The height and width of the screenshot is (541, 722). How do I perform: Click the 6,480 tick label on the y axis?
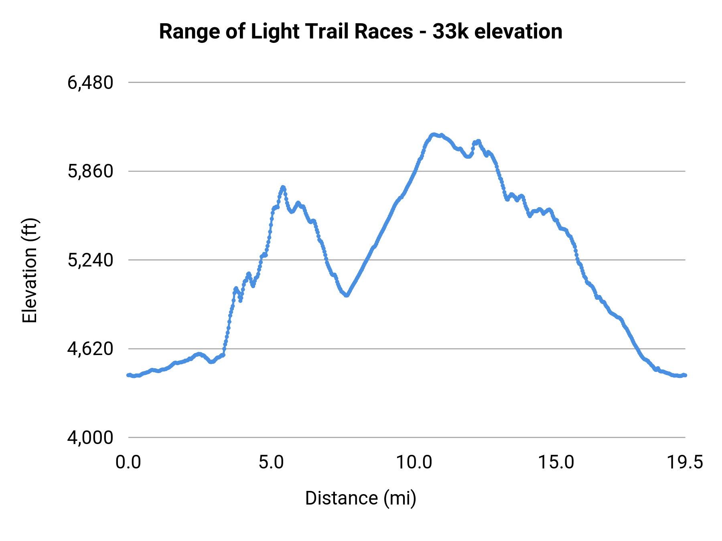(x=90, y=83)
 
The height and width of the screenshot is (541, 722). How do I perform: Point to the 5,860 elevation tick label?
(x=90, y=172)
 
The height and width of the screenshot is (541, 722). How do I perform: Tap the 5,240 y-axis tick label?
(x=90, y=260)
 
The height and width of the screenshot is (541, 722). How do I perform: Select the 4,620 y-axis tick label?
(x=90, y=349)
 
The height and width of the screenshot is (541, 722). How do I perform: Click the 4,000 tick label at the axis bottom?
(x=90, y=438)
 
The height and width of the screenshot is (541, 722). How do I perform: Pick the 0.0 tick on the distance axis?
(x=128, y=462)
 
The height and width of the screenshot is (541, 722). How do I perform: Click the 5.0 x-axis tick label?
(x=271, y=462)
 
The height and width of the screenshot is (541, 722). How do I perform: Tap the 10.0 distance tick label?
(x=414, y=462)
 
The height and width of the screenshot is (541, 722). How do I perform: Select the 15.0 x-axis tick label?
(x=556, y=462)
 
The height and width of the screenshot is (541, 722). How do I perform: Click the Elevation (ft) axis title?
(x=29, y=270)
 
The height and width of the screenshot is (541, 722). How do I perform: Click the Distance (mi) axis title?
(x=361, y=498)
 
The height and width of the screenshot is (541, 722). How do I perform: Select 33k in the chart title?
(x=450, y=31)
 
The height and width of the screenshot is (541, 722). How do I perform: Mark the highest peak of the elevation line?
(x=433, y=134)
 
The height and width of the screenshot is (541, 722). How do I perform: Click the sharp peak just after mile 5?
(x=283, y=187)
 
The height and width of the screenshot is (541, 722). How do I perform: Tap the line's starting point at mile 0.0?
(x=128, y=375)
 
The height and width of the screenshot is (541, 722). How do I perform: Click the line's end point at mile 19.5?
(x=685, y=375)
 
